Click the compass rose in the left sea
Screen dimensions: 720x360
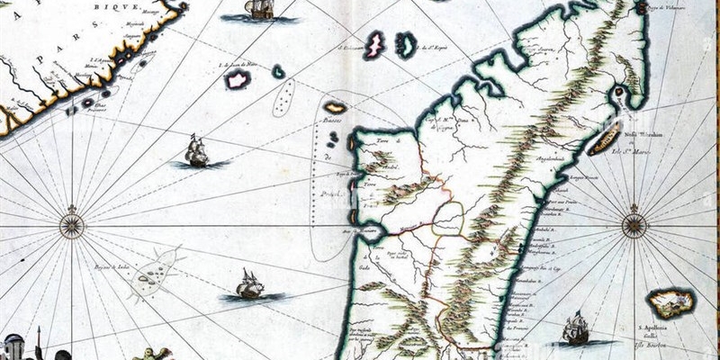[72, 222]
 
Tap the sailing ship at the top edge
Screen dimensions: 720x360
[259, 10]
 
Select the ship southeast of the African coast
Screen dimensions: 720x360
[195, 151]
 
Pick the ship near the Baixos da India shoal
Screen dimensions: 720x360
[248, 285]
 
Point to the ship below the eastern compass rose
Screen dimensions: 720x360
[574, 329]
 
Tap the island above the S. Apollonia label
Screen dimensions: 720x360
[670, 302]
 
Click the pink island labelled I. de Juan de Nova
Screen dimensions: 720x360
[238, 80]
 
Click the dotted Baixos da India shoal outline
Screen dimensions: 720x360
[151, 275]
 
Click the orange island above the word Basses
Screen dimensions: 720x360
[335, 107]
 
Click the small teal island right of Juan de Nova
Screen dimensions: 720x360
[278, 71]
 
